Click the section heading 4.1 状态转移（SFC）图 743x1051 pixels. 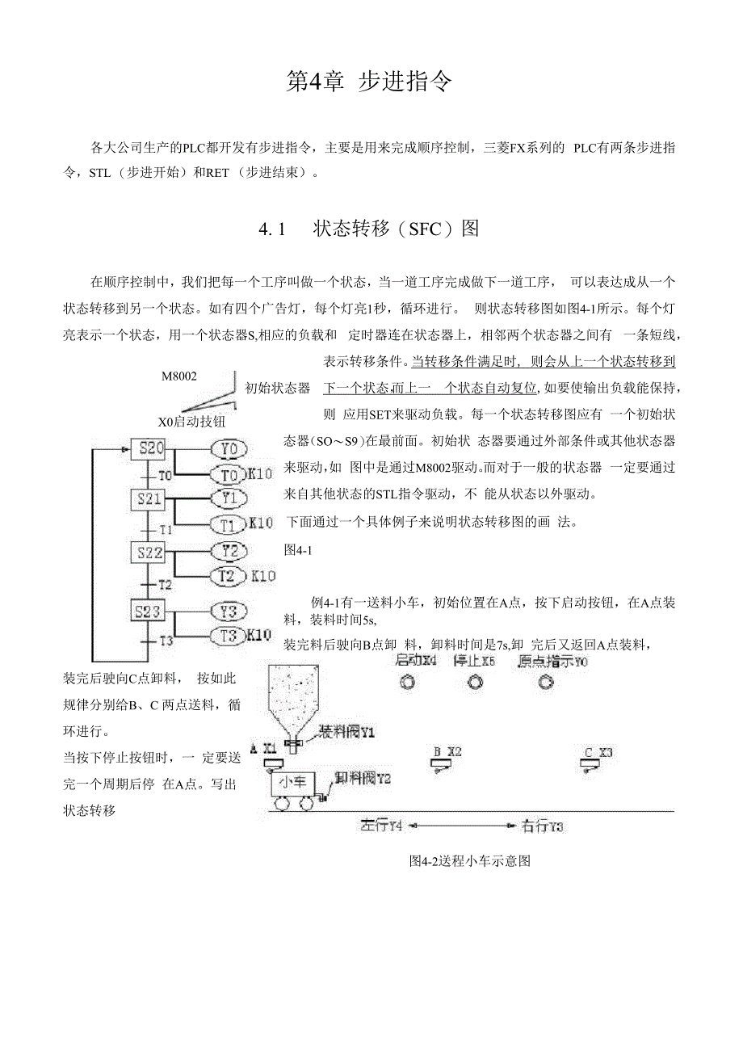(369, 229)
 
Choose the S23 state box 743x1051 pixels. (148, 611)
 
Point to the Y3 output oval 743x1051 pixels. (229, 611)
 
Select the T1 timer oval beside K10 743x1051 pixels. (229, 524)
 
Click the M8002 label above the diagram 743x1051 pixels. (178, 376)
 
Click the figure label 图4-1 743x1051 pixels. (298, 549)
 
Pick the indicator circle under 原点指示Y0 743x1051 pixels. (547, 683)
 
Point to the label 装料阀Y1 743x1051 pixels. (346, 733)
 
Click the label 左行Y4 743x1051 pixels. (382, 826)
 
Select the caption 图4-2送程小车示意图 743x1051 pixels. (470, 861)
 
